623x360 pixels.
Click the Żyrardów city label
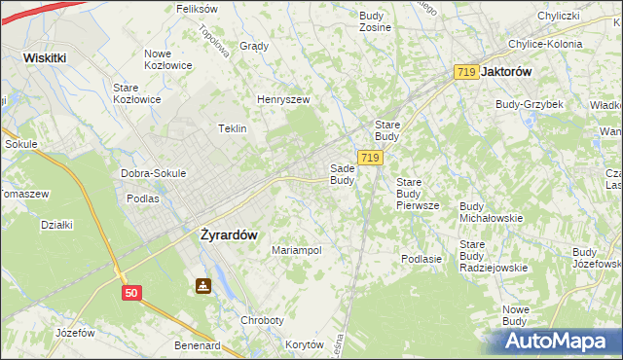[x=228, y=234]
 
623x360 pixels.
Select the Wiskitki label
[x=45, y=57]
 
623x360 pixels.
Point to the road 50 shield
[x=131, y=292]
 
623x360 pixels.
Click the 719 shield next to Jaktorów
[x=466, y=72]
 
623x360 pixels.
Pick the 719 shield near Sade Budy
[x=368, y=158]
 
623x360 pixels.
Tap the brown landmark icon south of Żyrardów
[x=202, y=287]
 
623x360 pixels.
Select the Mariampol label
[x=296, y=250]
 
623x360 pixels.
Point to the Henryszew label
[x=282, y=99]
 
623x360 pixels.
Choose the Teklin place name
[x=232, y=128]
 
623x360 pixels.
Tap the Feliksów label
[x=197, y=8]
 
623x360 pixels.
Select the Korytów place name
[x=305, y=344]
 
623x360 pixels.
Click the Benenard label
[x=197, y=344]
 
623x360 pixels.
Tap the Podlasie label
[x=422, y=258]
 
